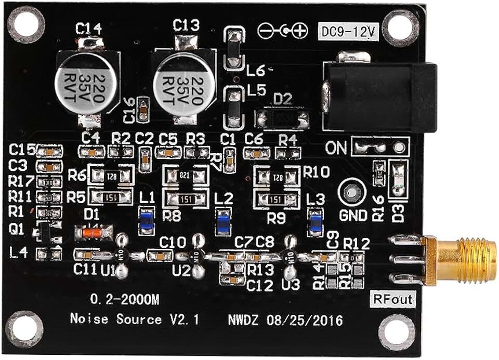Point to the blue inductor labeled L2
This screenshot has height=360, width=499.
point(224,221)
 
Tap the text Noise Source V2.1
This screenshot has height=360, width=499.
point(134,318)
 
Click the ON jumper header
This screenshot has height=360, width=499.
point(379,147)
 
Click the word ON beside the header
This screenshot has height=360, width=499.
point(336,148)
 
